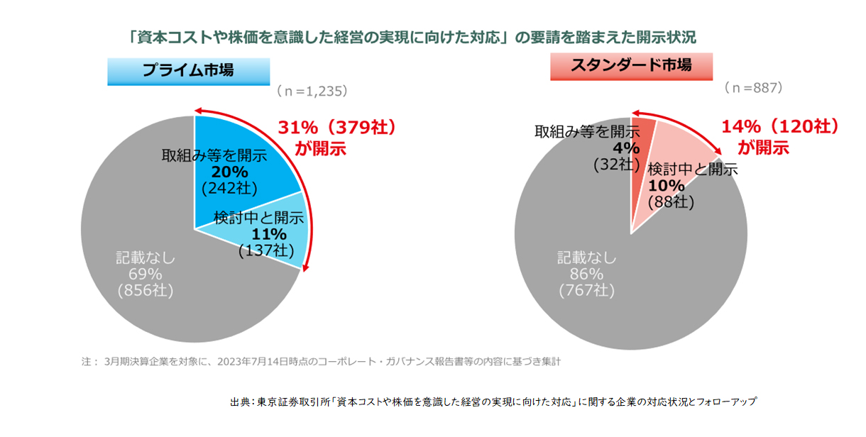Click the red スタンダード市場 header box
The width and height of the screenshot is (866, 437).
coord(630,66)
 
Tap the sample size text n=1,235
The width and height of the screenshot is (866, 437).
coord(312,92)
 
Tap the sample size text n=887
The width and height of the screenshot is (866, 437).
coord(753,88)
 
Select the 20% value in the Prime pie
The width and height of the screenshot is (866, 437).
coord(229,172)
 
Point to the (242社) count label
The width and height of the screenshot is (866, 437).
coord(229,188)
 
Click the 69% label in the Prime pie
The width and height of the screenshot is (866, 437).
coord(146,275)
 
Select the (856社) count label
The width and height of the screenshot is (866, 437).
coord(146,291)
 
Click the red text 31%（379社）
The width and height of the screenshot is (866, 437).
coord(336,129)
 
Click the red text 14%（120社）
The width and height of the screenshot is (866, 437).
coord(780,127)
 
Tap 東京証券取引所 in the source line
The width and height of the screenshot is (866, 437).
coord(290,402)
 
